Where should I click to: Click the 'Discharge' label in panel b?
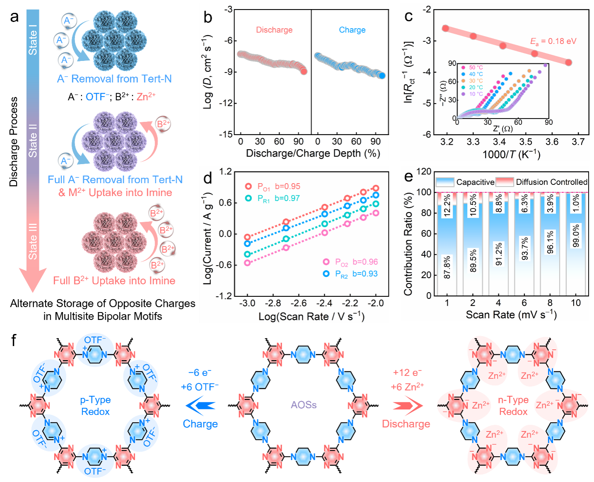pyautogui.click(x=274, y=30)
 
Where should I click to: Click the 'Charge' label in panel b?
pyautogui.click(x=352, y=30)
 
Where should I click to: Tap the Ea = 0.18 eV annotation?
pyautogui.click(x=553, y=41)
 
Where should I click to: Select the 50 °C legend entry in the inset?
pyautogui.click(x=476, y=68)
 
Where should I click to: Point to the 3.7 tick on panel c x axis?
pyautogui.click(x=578, y=142)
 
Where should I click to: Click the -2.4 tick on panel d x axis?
pyautogui.click(x=324, y=303)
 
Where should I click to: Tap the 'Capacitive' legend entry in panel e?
pyautogui.click(x=475, y=182)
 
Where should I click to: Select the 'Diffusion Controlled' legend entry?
pyautogui.click(x=551, y=182)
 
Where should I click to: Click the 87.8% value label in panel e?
pyautogui.click(x=447, y=267)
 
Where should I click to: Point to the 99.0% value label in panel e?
pyautogui.click(x=576, y=235)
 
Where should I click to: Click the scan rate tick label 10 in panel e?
pyautogui.click(x=576, y=303)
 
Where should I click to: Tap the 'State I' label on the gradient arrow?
pyautogui.click(x=33, y=40)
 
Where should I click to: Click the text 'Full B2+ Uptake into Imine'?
pyautogui.click(x=114, y=281)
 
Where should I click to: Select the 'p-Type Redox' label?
pyautogui.click(x=95, y=406)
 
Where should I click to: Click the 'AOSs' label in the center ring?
pyautogui.click(x=304, y=405)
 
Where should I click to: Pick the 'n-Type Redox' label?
pyautogui.click(x=513, y=406)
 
